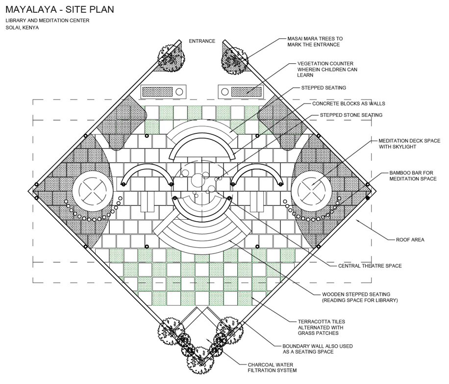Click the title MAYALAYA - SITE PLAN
tap(60, 9)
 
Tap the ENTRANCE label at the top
tap(202, 41)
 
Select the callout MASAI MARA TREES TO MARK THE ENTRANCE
tap(315, 42)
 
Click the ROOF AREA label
tap(410, 239)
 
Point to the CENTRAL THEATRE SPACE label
tap(370, 266)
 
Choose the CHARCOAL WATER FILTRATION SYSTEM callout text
tap(272, 367)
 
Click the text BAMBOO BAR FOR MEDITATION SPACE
tap(413, 176)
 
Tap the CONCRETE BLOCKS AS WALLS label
tap(349, 103)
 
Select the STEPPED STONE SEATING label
tap(351, 115)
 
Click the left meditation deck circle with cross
tap(93, 191)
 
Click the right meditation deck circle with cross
tap(311, 191)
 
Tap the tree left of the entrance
tap(172, 57)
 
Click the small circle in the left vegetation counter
tap(179, 92)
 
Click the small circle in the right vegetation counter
tap(225, 92)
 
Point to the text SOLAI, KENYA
tap(22, 28)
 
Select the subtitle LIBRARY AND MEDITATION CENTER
tap(47, 21)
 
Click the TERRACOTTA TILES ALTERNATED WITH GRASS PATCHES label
tap(321, 327)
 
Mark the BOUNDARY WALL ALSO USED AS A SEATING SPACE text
tap(318, 349)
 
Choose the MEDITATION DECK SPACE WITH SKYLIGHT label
tap(409, 144)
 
